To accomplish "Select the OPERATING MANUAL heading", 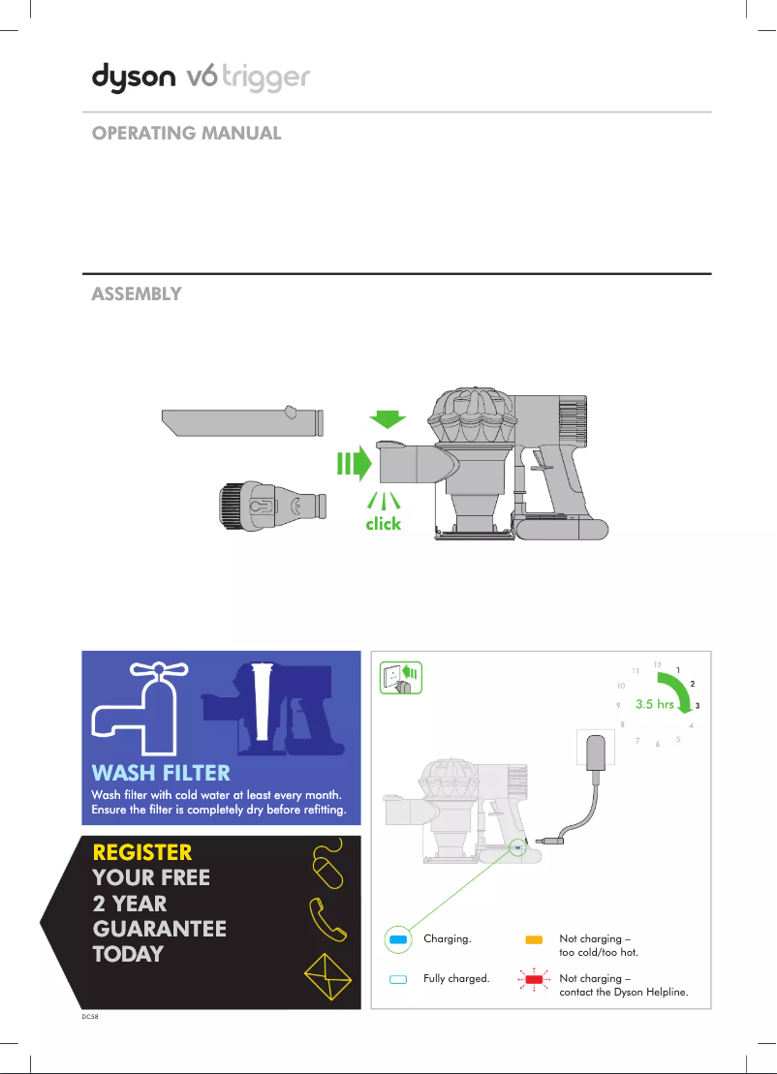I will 186,134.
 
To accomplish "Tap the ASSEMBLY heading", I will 137,294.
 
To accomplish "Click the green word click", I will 383,524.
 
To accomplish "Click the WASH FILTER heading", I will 161,773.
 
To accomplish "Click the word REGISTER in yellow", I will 141,852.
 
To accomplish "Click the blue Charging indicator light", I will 396,939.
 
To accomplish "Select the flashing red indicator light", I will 532,979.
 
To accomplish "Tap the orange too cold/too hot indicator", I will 532,939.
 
